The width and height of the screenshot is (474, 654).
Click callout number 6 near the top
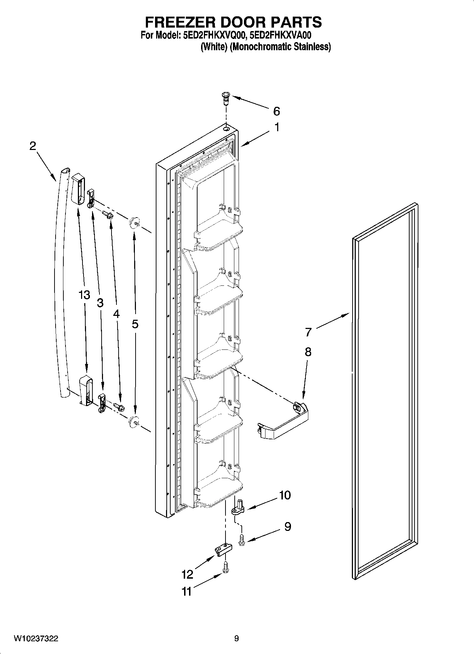point(276,111)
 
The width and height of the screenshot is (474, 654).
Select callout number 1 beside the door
point(277,127)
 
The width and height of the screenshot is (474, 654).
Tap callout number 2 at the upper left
point(33,146)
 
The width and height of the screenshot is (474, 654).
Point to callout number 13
point(84,295)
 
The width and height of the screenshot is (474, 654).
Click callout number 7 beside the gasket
point(308,332)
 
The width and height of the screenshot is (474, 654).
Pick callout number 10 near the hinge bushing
point(285,495)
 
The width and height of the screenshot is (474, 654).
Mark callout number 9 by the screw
point(287,527)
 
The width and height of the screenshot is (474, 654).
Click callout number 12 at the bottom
point(187,574)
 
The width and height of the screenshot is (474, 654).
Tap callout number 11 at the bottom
point(186,591)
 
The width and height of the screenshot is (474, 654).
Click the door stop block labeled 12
point(223,550)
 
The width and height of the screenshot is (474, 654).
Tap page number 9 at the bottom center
point(236,638)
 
